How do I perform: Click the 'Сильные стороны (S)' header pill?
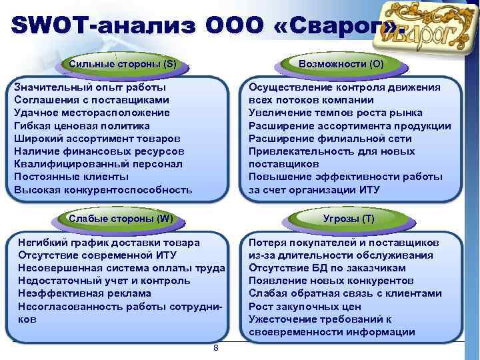tap(123, 64)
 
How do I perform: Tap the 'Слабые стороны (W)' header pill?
tap(121, 218)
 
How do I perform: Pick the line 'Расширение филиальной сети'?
tap(330, 138)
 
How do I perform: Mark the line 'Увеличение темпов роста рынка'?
tap(340, 113)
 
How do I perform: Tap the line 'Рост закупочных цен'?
tap(305, 307)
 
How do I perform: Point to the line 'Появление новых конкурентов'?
tap(331, 281)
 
